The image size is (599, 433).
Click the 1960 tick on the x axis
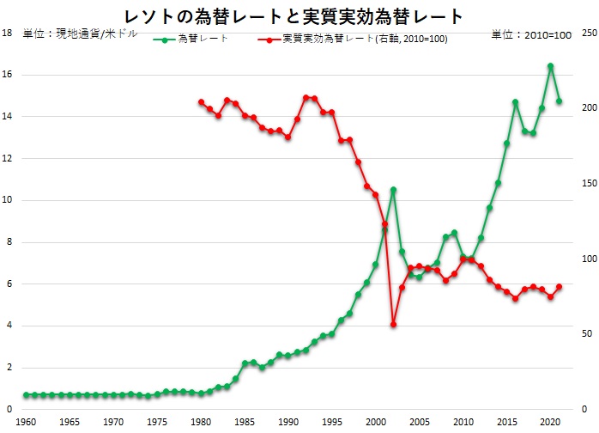click(x=26, y=422)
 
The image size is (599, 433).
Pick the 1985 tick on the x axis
click(x=245, y=422)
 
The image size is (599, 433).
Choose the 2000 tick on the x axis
click(x=375, y=422)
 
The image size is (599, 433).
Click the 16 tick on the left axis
click(x=7, y=75)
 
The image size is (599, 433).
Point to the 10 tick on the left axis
click(x=7, y=200)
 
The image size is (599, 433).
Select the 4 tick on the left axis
click(x=7, y=326)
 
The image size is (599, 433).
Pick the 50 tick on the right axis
click(x=586, y=334)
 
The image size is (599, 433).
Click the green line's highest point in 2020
click(x=550, y=66)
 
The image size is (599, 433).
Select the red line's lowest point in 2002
click(x=393, y=324)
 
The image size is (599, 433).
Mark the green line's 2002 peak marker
click(x=393, y=190)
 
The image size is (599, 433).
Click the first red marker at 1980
click(x=201, y=101)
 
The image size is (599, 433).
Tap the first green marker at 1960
click(x=26, y=395)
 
